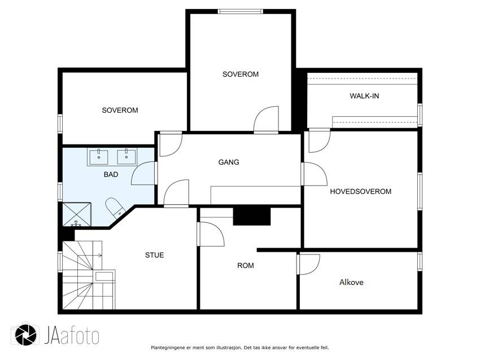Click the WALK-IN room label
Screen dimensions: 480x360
pyautogui.click(x=364, y=96)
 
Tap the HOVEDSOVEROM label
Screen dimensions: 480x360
pyautogui.click(x=361, y=191)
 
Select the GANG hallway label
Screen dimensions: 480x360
pyautogui.click(x=229, y=162)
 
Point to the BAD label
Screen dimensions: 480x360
pyautogui.click(x=111, y=174)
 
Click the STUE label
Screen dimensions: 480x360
pyautogui.click(x=154, y=255)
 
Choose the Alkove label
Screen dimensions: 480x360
pyautogui.click(x=351, y=282)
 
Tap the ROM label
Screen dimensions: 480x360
pyautogui.click(x=246, y=266)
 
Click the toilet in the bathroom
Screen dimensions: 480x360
pyautogui.click(x=115, y=207)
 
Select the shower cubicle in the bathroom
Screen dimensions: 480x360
pyautogui.click(x=77, y=214)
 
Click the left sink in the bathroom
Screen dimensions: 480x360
pyautogui.click(x=99, y=157)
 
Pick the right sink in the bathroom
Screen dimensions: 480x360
pyautogui.click(x=126, y=157)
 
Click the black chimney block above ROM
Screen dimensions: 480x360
pyautogui.click(x=252, y=216)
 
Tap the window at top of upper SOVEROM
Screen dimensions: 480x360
pyautogui.click(x=241, y=11)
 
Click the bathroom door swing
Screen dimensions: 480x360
pyautogui.click(x=143, y=173)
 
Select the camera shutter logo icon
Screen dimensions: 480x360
pyautogui.click(x=26, y=334)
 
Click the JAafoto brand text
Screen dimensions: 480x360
pyautogui.click(x=72, y=336)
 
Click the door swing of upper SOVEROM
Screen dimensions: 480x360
pyautogui.click(x=266, y=119)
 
